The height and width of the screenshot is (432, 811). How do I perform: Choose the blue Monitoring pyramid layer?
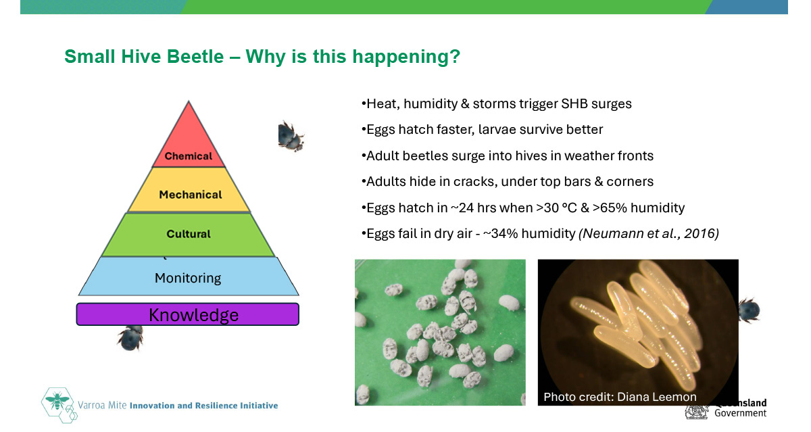click(189, 277)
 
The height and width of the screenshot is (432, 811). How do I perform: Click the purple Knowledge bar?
click(188, 314)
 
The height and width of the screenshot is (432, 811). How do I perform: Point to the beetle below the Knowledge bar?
click(130, 338)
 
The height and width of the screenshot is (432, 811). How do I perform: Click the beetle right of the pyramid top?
click(291, 136)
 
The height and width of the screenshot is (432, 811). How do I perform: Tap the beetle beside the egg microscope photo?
click(749, 310)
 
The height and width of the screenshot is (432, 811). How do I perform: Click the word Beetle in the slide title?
click(195, 57)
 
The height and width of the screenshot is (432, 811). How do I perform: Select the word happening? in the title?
click(406, 57)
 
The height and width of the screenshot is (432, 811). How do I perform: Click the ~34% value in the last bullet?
click(500, 234)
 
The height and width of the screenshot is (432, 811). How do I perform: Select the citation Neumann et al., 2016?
click(649, 234)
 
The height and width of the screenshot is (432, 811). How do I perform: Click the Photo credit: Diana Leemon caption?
click(620, 397)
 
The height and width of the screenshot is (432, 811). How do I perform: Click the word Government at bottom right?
click(741, 413)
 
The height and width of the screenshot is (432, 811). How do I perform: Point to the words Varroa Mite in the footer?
click(102, 405)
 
